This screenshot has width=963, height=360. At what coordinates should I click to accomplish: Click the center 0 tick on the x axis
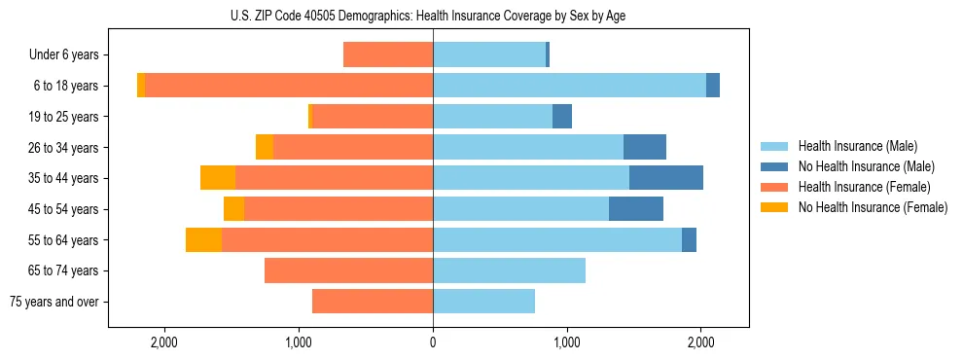[433, 342]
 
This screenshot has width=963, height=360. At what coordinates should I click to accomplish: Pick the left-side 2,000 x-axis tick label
[164, 342]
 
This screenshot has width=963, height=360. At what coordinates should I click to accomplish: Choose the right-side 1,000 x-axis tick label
[567, 342]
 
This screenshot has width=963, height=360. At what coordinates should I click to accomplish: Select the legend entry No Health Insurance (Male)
[866, 166]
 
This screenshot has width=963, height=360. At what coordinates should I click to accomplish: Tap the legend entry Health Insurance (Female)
[864, 187]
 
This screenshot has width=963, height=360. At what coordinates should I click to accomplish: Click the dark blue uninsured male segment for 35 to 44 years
[666, 178]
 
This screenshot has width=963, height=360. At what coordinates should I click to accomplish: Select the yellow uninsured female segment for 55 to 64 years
[203, 239]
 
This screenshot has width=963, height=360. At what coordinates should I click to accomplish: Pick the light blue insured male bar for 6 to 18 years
[569, 86]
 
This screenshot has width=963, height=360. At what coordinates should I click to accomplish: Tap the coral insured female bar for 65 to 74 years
[348, 270]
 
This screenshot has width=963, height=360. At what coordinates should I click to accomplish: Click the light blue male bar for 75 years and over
[483, 302]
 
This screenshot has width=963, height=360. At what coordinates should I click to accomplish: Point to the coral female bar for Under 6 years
[388, 55]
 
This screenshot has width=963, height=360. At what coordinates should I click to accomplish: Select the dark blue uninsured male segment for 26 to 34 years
[645, 147]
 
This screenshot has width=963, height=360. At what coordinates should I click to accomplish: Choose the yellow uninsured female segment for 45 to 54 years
[233, 209]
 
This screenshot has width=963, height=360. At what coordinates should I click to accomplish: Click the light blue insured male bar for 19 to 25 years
[492, 117]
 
